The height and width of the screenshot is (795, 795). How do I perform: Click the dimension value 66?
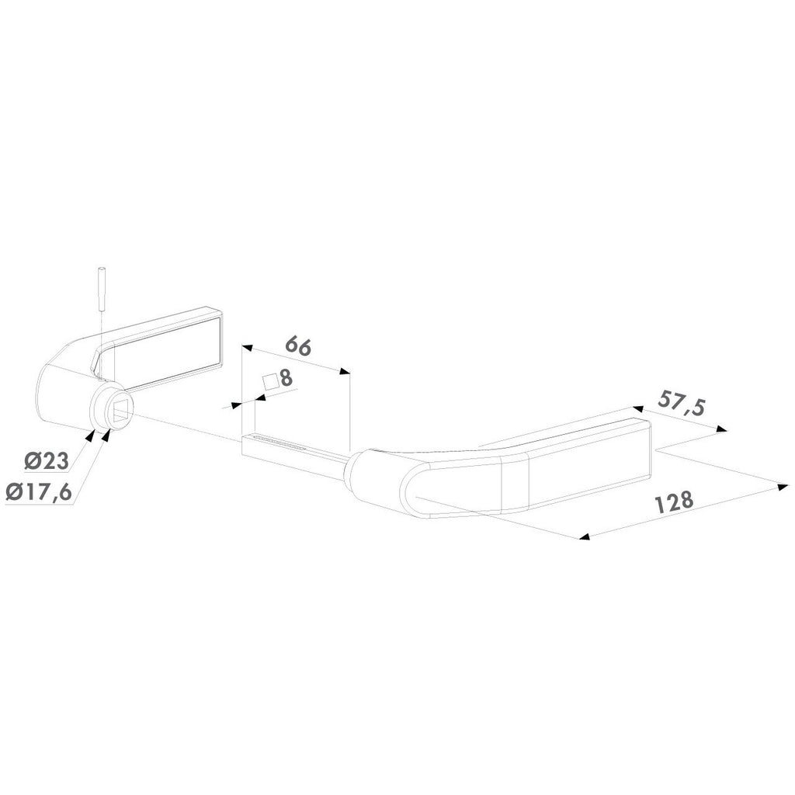[298, 346]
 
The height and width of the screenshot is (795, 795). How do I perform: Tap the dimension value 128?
[675, 502]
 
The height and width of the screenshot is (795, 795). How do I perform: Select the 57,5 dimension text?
[682, 403]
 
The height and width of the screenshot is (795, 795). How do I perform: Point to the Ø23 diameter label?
[46, 461]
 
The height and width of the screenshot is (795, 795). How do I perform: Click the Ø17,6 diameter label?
[39, 492]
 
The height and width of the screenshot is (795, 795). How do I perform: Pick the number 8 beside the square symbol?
[286, 378]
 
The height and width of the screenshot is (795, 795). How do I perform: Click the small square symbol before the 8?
[270, 382]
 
